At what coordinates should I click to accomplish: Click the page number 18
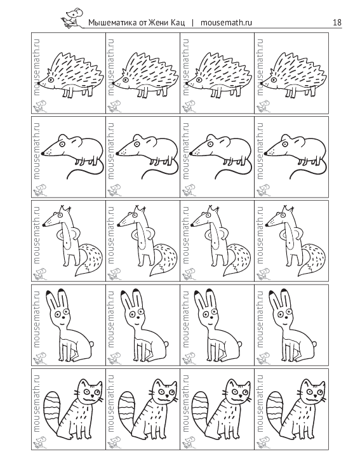337,22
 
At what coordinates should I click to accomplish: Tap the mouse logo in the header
73,18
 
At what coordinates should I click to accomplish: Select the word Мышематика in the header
111,23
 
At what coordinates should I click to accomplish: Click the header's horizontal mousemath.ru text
226,23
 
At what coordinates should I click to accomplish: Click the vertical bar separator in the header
192,23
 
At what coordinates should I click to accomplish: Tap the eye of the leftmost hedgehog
51,79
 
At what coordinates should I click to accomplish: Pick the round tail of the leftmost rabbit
92,344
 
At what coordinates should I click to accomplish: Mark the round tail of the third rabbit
241,344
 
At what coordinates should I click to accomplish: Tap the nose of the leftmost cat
91,395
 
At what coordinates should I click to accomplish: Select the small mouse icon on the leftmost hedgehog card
39,106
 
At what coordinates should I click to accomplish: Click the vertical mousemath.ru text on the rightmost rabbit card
260,319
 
